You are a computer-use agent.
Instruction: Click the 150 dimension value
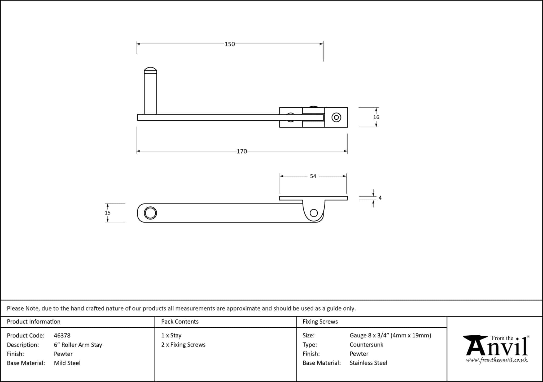click(230, 44)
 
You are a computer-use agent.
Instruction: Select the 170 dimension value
click(242, 151)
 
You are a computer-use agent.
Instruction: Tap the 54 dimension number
click(313, 176)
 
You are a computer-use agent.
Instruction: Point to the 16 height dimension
click(376, 117)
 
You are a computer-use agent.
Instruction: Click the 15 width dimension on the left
click(107, 213)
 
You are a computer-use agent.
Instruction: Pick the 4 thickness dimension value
click(380, 198)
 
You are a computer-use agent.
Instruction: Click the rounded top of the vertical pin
click(150, 70)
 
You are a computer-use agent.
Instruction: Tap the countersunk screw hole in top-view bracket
click(336, 117)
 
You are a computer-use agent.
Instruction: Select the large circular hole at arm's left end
click(150, 213)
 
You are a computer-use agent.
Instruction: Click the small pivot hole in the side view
click(314, 213)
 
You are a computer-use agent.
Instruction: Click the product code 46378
click(62, 336)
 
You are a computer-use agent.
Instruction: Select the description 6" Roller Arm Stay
click(78, 345)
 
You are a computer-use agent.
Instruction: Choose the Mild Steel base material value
click(67, 363)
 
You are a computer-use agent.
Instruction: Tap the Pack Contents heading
click(180, 322)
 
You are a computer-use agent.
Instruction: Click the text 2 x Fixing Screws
click(183, 345)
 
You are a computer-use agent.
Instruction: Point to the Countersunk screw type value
click(366, 345)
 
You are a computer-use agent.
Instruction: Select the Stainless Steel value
click(368, 363)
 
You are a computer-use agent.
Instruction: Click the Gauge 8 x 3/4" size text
click(390, 335)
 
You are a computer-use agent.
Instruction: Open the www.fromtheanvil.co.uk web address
click(497, 360)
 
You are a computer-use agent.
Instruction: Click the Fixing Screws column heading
click(320, 322)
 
